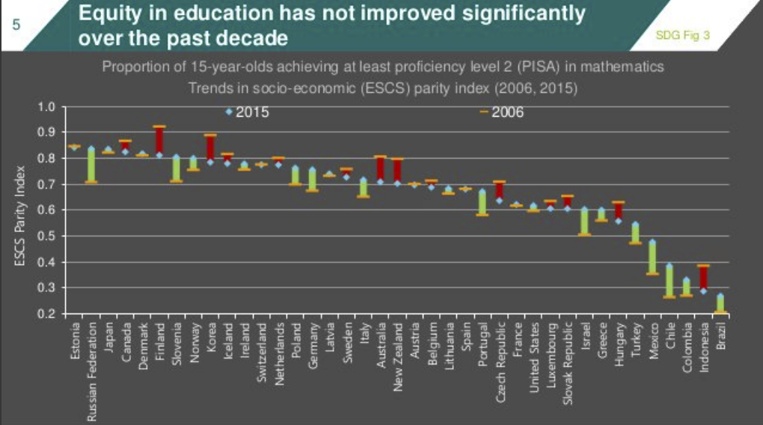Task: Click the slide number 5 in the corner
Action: click(16, 24)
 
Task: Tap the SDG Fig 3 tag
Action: click(682, 34)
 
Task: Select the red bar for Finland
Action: click(159, 141)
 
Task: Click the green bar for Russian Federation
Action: click(91, 165)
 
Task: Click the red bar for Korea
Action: click(210, 148)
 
